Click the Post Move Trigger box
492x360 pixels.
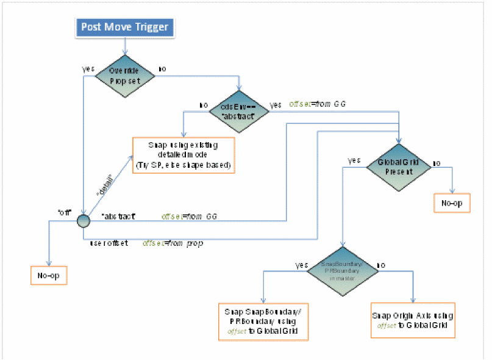(125, 27)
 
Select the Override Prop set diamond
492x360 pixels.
(124, 75)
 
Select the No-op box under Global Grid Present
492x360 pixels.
(452, 203)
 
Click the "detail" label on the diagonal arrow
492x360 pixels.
(106, 185)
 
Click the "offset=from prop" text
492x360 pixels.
(173, 243)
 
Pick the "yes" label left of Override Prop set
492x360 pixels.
(88, 68)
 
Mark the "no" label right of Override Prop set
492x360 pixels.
(163, 68)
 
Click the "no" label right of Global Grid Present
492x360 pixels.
(437, 164)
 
